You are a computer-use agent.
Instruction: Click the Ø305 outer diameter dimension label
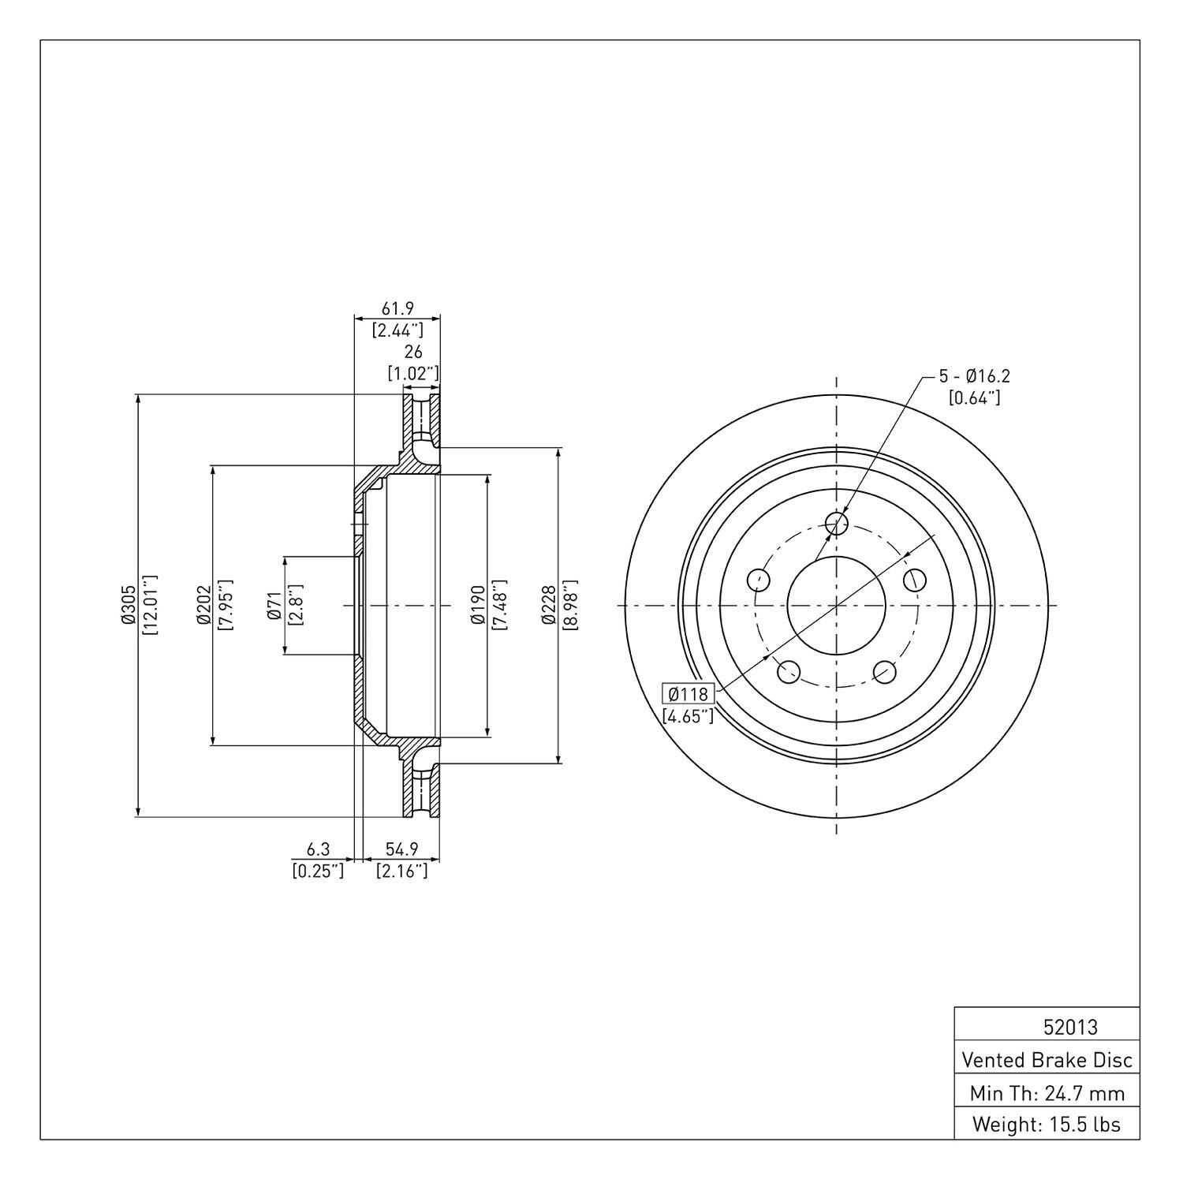click(x=129, y=606)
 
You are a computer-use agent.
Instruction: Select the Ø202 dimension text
click(x=203, y=606)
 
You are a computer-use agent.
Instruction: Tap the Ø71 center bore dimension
click(x=274, y=606)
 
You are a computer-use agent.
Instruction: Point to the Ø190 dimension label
click(x=477, y=606)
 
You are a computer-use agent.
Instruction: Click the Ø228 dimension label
click(x=549, y=606)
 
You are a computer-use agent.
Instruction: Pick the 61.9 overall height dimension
click(x=397, y=308)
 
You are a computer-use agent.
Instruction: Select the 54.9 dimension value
click(x=401, y=849)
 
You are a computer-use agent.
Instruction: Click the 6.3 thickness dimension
click(x=318, y=849)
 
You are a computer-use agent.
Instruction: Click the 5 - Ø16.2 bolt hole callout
click(x=974, y=376)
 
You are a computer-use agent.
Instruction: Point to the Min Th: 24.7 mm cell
click(x=1047, y=1092)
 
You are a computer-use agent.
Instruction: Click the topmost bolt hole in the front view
click(x=836, y=522)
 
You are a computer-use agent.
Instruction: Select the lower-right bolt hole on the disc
click(x=885, y=672)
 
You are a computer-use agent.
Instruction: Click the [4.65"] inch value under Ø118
click(x=689, y=716)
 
